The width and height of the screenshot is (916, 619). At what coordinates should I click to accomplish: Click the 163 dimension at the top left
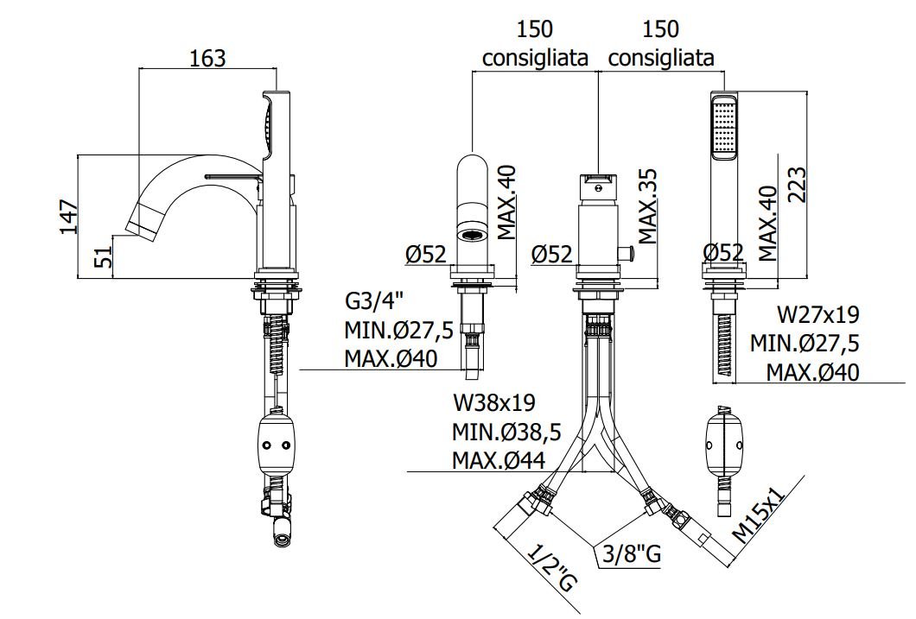[x=207, y=58]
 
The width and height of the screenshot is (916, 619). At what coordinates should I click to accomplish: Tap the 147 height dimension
[x=69, y=217]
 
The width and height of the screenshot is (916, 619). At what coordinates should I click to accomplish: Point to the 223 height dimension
[x=796, y=185]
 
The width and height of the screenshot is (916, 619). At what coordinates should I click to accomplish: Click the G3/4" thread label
[x=375, y=301]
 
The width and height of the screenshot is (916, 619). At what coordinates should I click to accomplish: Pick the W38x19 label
[x=493, y=402]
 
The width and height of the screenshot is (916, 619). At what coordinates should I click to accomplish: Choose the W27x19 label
[x=817, y=314]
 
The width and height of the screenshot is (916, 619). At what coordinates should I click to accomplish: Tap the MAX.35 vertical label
[x=647, y=206]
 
